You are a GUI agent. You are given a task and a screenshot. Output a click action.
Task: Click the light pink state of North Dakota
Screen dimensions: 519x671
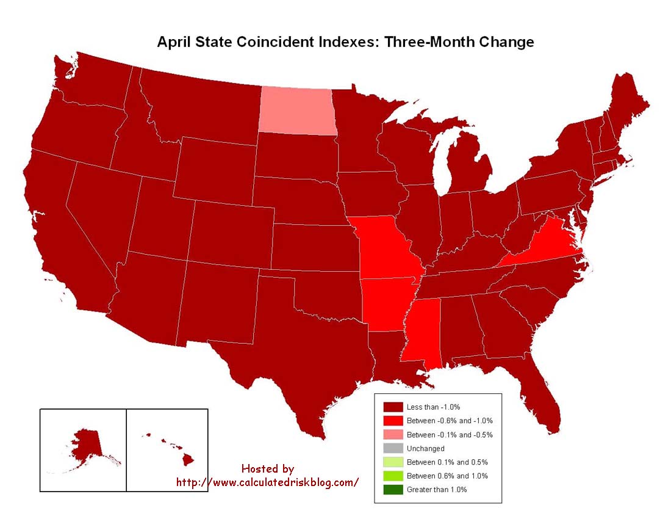297,111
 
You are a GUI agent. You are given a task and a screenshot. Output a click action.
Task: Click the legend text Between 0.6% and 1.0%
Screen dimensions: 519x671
447,476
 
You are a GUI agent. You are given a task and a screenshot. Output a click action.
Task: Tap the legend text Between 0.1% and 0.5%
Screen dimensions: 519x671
447,462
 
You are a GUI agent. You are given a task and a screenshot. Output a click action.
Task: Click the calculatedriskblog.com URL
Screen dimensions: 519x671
267,482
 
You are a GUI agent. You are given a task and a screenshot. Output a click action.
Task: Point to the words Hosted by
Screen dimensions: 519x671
267,469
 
